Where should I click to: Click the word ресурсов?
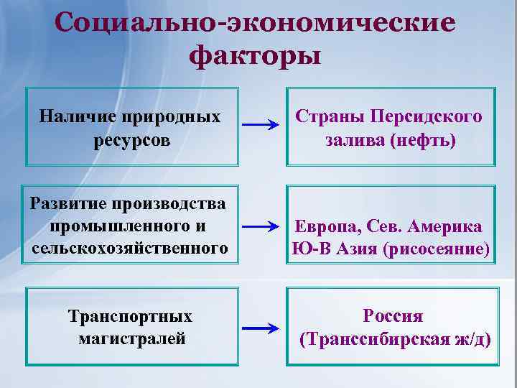coord(132,139)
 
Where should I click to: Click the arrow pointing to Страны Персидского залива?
coord(261,125)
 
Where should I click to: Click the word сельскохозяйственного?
coord(130,249)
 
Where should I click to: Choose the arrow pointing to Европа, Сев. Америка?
coord(261,227)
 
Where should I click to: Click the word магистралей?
coord(132,338)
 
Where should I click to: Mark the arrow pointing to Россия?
coord(261,329)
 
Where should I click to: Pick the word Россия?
coord(393,315)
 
